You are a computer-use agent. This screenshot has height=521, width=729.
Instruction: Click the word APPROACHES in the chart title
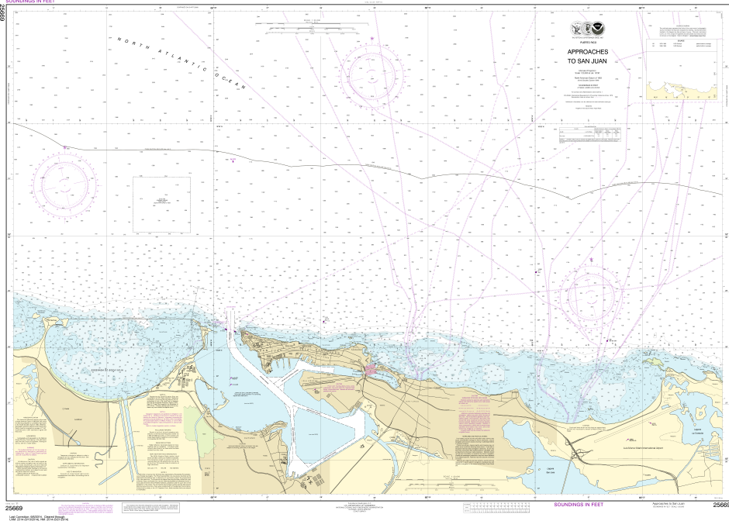[x=587, y=52]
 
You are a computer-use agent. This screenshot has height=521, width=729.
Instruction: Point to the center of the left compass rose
[x=69, y=185]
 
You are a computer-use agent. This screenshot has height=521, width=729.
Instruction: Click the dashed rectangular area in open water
[x=163, y=204]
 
